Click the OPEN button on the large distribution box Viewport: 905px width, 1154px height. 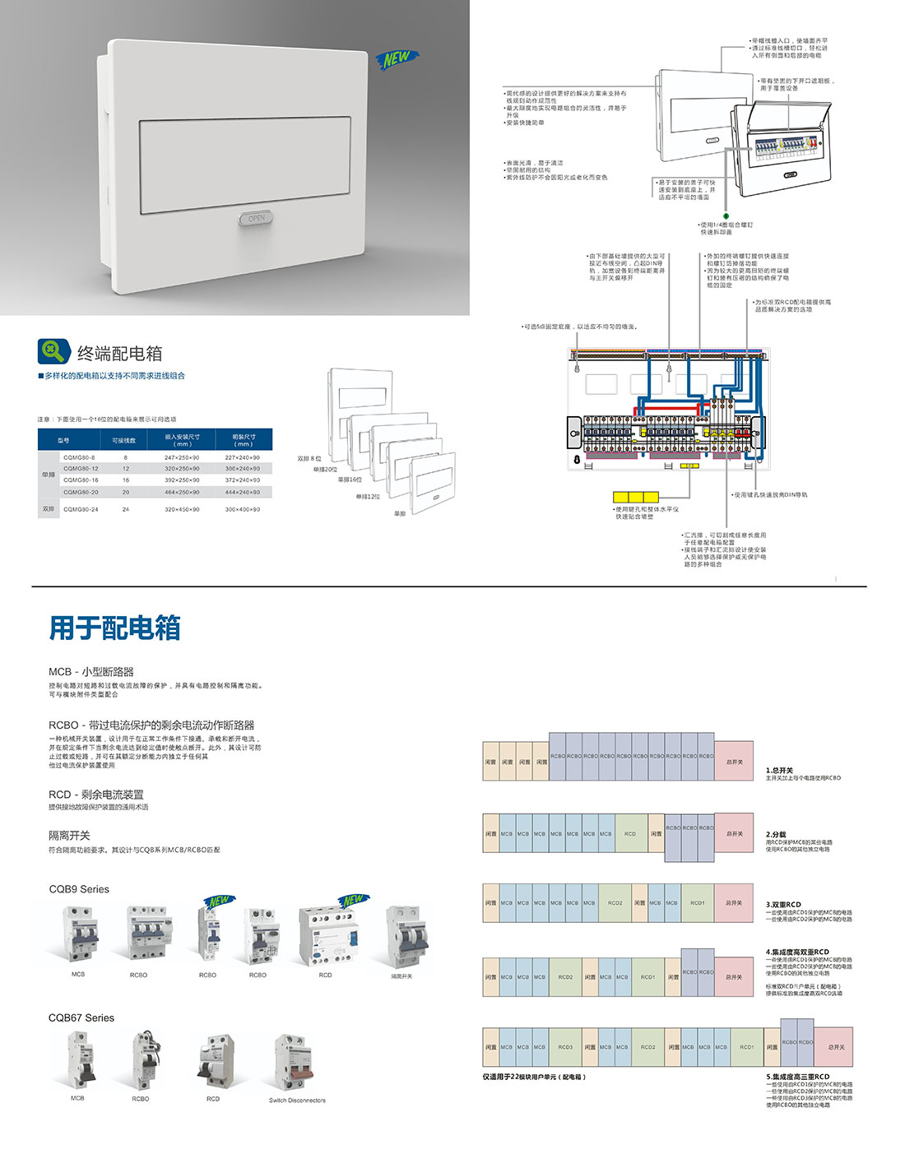pos(256,218)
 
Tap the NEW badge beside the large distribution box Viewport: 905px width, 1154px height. pos(397,58)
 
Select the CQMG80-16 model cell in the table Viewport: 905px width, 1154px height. pos(81,480)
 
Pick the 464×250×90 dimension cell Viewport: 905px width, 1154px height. pos(182,492)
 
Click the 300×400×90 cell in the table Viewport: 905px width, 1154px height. pos(243,509)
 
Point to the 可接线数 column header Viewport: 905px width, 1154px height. pos(124,440)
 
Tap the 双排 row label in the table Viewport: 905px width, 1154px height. pos(49,509)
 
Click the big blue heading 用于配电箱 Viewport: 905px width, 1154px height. pos(115,628)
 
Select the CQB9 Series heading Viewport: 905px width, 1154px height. pos(79,889)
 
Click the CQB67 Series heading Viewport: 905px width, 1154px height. pos(81,1017)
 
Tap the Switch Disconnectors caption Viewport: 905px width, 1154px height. pos(297,1100)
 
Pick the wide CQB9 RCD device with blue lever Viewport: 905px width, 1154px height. pos(328,936)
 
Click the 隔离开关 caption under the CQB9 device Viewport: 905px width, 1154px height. pos(401,976)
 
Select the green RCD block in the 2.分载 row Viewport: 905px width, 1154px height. pos(630,833)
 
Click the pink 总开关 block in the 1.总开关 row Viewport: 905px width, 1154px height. pos(734,762)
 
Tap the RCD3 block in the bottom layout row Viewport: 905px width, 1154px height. pos(565,1047)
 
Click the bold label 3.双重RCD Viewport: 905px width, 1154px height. pos(783,904)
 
